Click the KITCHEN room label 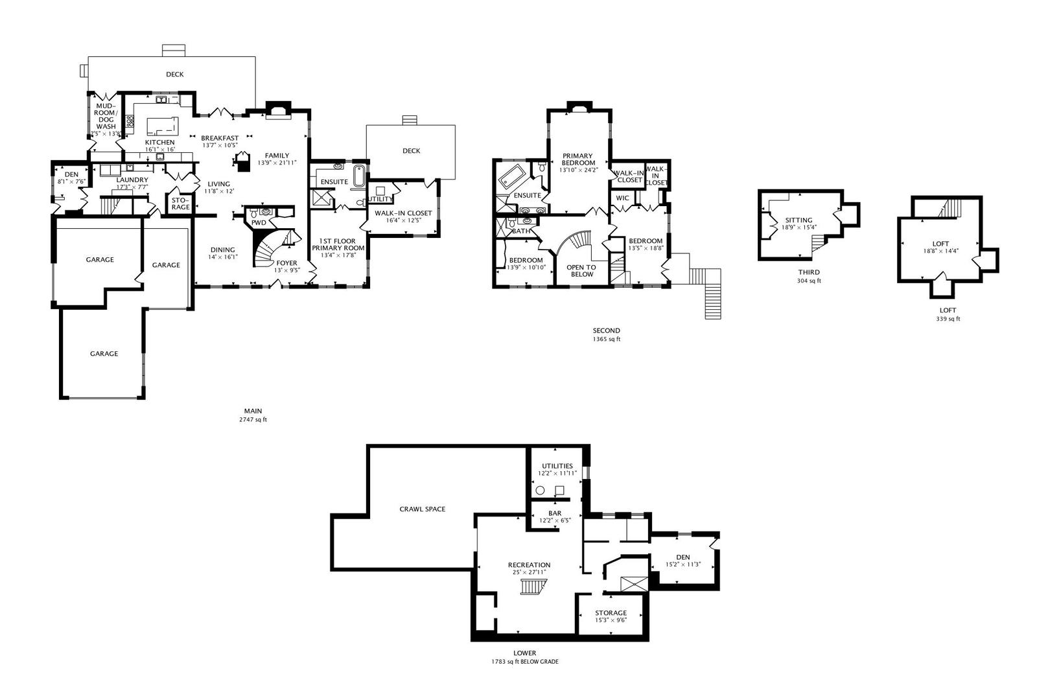(x=159, y=143)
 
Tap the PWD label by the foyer (x=259, y=223)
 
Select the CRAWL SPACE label (x=423, y=509)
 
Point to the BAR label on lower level (x=555, y=513)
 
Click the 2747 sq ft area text (x=253, y=419)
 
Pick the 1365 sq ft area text (x=606, y=339)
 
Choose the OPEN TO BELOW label (x=581, y=270)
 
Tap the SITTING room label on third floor (x=799, y=220)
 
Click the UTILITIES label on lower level (x=557, y=466)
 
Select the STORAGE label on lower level (x=611, y=612)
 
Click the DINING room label (x=222, y=250)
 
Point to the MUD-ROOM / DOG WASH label (x=106, y=116)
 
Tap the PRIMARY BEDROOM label (x=577, y=159)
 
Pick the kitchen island (x=161, y=125)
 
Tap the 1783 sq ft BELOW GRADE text (x=524, y=662)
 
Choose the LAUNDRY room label (x=132, y=180)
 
